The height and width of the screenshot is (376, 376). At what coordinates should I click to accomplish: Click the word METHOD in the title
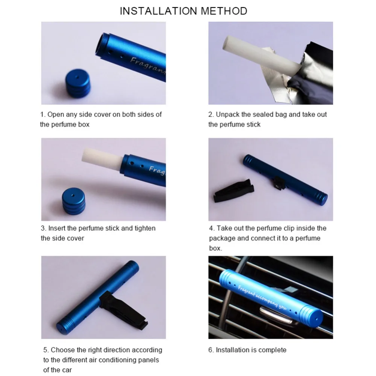[224, 11]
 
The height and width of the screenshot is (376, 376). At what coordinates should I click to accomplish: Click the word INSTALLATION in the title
[158, 11]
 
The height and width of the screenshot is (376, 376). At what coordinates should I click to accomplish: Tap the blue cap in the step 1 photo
[78, 83]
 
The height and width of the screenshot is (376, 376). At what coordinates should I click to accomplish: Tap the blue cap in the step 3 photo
[74, 201]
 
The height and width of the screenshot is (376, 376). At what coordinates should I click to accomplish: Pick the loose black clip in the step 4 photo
[233, 190]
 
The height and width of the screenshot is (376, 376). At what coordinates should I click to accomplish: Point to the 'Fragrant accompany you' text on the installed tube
[262, 297]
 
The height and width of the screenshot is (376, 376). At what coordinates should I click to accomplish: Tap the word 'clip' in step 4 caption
[288, 228]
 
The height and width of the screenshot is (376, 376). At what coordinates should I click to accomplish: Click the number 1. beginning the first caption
[43, 115]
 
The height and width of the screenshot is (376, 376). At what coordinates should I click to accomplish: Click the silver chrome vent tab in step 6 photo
[276, 316]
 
